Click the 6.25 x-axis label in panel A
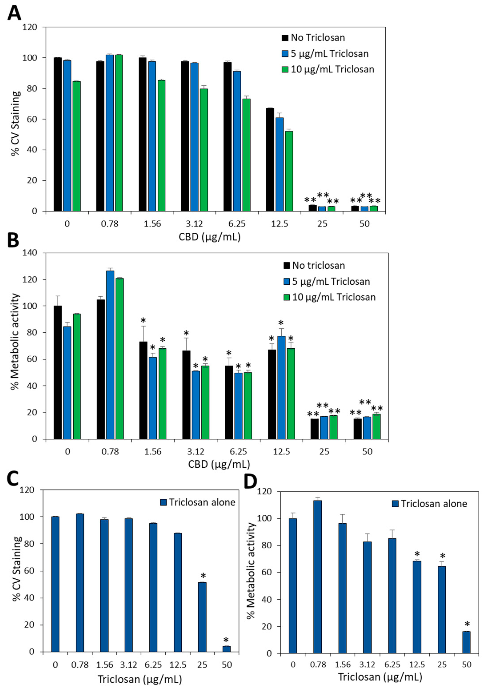[237, 224]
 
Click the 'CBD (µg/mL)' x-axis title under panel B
[219, 464]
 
